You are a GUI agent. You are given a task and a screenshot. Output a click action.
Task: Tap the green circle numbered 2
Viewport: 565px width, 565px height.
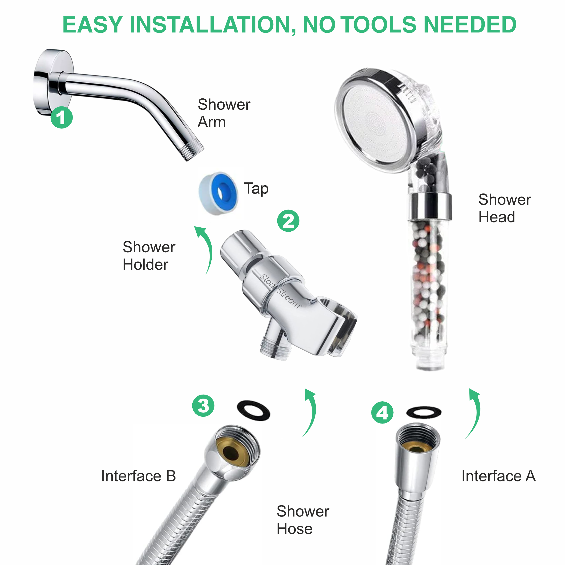point(288,221)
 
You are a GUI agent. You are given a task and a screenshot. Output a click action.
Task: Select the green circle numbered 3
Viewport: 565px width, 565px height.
point(203,406)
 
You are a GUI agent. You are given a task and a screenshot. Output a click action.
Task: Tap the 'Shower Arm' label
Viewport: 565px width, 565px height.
point(224,113)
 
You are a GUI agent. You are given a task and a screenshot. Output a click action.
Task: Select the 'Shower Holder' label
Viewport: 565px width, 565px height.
point(149,256)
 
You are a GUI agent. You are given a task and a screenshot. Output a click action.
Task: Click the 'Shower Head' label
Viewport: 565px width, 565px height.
point(504,208)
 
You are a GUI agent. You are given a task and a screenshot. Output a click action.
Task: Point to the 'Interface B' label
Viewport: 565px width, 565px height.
point(138,476)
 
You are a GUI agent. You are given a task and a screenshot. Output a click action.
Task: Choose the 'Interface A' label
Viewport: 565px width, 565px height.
point(498,476)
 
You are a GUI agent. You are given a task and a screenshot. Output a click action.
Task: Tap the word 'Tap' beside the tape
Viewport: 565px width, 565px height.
point(256,188)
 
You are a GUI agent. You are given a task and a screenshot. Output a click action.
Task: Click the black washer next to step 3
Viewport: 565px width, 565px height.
point(253,410)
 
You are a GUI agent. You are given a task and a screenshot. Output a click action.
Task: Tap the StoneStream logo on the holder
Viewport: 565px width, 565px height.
point(280,291)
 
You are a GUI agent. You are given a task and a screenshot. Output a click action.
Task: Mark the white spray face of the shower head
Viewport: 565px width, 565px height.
point(377,123)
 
